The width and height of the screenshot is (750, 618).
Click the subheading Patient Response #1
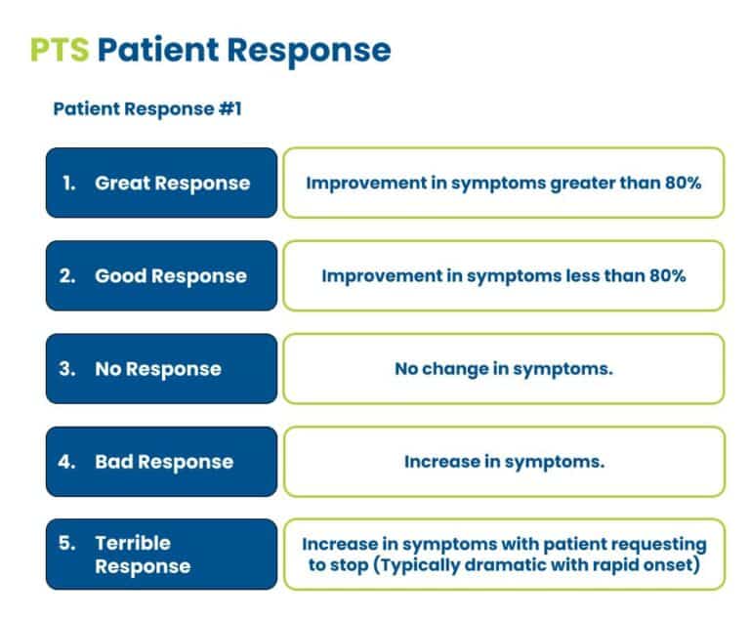coord(146,109)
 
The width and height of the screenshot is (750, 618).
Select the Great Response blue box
coord(161,183)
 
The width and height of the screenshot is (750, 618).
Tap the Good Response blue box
coord(161,275)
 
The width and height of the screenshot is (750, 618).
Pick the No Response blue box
coord(161,368)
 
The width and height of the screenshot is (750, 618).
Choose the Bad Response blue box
coord(161,461)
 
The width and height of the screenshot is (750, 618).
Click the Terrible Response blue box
coord(161,554)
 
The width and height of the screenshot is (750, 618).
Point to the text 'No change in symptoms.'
coord(504,368)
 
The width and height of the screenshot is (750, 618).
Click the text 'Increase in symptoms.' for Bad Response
coord(504,461)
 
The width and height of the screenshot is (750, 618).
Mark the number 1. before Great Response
coord(68,183)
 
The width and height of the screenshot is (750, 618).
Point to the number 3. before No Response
coord(68,368)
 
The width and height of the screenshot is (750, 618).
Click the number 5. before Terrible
coord(68,543)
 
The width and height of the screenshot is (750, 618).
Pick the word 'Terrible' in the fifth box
coord(133,543)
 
